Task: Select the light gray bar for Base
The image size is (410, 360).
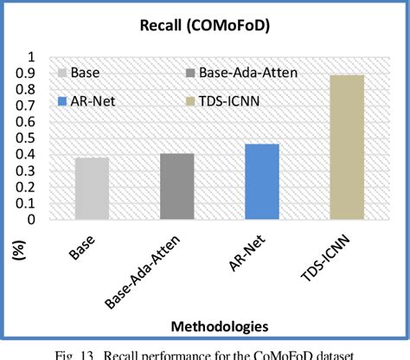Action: pyautogui.click(x=92, y=188)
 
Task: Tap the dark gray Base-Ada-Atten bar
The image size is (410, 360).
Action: pyautogui.click(x=176, y=186)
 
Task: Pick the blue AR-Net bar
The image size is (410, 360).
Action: pyautogui.click(x=261, y=181)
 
